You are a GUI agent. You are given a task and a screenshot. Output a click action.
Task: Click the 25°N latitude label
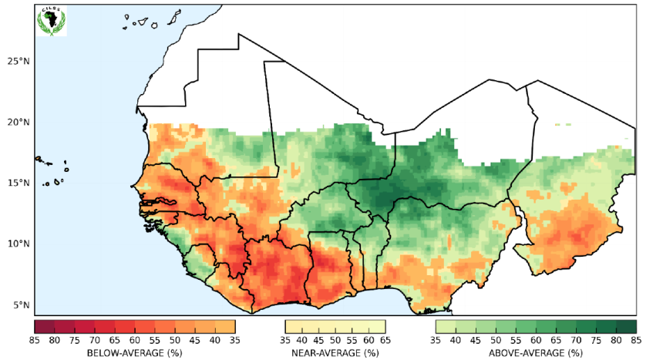click(17, 61)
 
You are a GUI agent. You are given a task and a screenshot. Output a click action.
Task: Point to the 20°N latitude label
click(17, 122)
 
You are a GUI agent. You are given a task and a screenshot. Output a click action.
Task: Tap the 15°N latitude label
click(17, 183)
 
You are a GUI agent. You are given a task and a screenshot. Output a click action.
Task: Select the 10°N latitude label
click(17, 244)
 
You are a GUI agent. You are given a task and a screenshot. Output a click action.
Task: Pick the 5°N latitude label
click(19, 304)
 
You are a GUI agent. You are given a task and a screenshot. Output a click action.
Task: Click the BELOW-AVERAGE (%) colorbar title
click(134, 352)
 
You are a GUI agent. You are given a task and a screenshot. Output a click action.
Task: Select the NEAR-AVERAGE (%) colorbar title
click(335, 352)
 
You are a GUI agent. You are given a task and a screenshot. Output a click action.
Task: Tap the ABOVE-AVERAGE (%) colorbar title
click(535, 352)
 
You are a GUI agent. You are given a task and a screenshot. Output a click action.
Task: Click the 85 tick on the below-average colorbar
click(35, 340)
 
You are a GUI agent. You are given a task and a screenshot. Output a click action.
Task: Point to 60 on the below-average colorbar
click(134, 340)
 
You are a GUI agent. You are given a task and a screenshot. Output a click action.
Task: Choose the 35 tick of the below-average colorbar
click(234, 340)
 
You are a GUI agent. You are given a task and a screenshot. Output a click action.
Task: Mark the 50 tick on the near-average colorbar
click(335, 340)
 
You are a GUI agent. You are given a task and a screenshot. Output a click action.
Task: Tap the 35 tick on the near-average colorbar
click(285, 340)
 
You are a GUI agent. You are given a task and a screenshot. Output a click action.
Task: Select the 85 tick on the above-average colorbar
click(636, 340)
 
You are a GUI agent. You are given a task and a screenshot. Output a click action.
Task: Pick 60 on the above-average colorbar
click(536, 340)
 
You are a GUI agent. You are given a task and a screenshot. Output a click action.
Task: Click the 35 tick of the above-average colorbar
click(436, 340)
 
